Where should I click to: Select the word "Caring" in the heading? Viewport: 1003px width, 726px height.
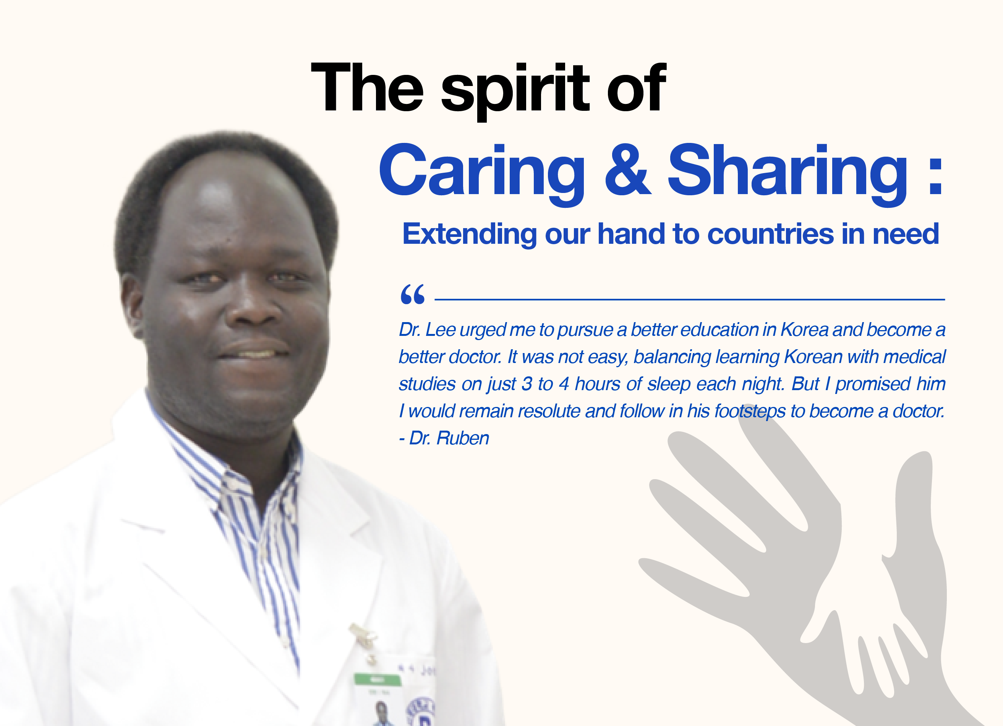pyautogui.click(x=482, y=174)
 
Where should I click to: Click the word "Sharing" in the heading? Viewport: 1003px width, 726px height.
pyautogui.click(x=787, y=174)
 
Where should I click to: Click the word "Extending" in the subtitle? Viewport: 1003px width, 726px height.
pyautogui.click(x=469, y=234)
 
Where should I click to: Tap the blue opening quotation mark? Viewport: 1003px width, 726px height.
pyautogui.click(x=412, y=294)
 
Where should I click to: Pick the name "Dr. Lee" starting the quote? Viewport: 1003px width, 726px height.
pyautogui.click(x=427, y=329)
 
